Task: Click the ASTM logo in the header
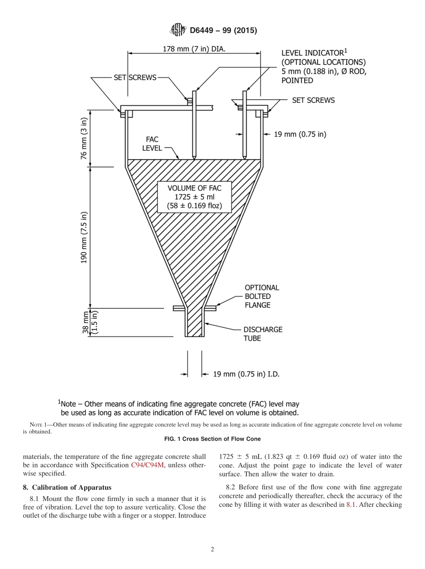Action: [178, 30]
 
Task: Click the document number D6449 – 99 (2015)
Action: [223, 30]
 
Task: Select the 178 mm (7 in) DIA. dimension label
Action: [194, 49]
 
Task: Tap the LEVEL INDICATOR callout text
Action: [323, 67]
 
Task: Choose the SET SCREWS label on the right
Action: [313, 100]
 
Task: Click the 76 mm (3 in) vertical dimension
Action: [84, 139]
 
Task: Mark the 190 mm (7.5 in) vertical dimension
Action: [84, 237]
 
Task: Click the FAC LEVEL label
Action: [152, 144]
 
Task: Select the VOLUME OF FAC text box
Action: [194, 197]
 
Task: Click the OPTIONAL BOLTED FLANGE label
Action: [261, 296]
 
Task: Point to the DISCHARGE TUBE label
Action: [263, 334]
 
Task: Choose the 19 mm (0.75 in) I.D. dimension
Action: [246, 374]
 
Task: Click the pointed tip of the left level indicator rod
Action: [194, 158]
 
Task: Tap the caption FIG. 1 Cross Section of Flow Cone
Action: [212, 439]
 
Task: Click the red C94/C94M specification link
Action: [146, 465]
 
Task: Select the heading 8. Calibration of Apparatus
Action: [67, 487]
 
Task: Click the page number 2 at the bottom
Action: [212, 550]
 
